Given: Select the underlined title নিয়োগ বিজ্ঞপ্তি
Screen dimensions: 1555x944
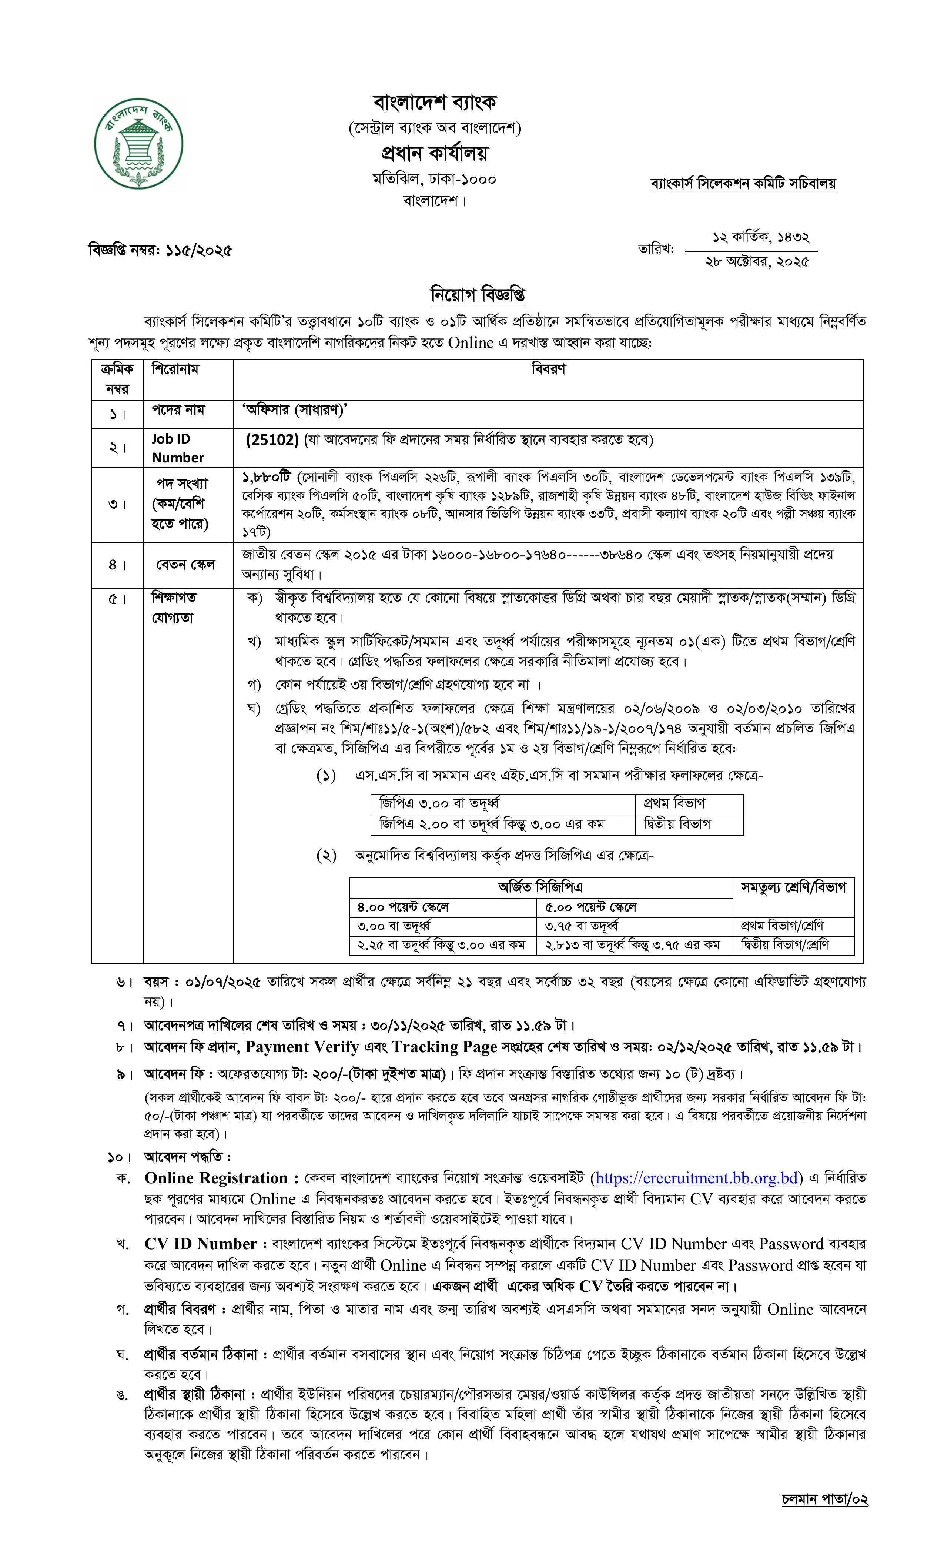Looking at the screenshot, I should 478,295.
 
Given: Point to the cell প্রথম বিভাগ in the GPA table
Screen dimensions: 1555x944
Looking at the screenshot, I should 674,803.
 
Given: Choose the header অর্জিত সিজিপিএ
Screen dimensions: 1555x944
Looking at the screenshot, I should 540,887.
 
